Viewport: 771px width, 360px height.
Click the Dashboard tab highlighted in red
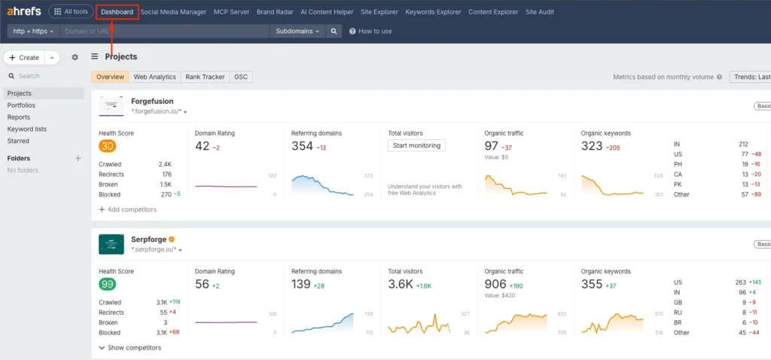[x=117, y=12]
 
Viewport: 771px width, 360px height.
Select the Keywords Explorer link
[x=433, y=12]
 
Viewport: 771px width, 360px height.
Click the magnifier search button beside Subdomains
[x=334, y=31]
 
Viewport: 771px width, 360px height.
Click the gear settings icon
[x=75, y=57]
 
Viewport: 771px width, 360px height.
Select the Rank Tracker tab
[x=205, y=77]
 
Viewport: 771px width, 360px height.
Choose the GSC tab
[x=241, y=77]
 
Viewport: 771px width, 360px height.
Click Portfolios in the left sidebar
[x=21, y=105]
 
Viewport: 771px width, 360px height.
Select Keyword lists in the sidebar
[x=26, y=129]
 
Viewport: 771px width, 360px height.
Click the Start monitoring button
[x=416, y=145]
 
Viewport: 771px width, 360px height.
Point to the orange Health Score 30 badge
[x=107, y=146]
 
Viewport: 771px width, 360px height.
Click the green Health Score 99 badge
[x=107, y=284]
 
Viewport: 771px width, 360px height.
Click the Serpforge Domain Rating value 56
[x=202, y=284]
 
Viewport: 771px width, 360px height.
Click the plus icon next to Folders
[x=78, y=158]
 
